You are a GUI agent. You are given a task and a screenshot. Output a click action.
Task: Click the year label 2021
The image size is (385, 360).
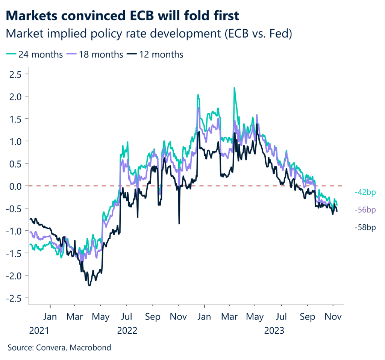click(x=39, y=331)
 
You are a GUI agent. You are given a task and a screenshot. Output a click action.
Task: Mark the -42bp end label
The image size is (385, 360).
click(x=365, y=192)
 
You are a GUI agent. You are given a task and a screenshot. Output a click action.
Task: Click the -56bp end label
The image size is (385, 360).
click(x=365, y=210)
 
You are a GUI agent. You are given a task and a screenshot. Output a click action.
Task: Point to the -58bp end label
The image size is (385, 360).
click(x=365, y=227)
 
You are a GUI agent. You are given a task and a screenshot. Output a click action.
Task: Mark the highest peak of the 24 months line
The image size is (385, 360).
click(x=234, y=88)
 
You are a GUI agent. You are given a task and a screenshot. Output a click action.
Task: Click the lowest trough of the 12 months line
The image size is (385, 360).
click(x=89, y=286)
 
